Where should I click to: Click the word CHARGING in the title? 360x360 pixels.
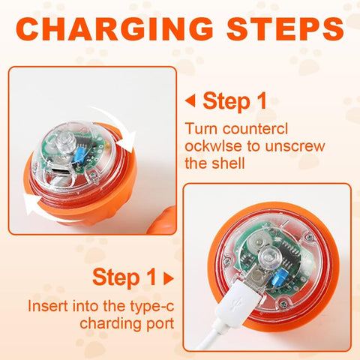click(115, 28)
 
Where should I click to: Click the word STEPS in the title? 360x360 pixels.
click(285, 28)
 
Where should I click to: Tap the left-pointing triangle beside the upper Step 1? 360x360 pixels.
click(190, 101)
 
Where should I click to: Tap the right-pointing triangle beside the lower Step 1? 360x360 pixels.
click(169, 278)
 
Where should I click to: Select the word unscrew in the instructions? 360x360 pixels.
click(295, 146)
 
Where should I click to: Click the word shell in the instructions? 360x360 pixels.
click(228, 163)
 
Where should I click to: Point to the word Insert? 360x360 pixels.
click(48, 305)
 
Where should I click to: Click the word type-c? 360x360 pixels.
click(151, 307)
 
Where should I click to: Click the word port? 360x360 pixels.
click(160, 324)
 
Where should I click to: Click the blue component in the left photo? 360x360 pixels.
click(80, 152)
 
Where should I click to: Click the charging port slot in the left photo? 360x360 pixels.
click(60, 171)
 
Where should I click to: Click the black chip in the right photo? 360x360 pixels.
click(291, 250)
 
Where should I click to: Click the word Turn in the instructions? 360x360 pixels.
click(202, 128)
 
